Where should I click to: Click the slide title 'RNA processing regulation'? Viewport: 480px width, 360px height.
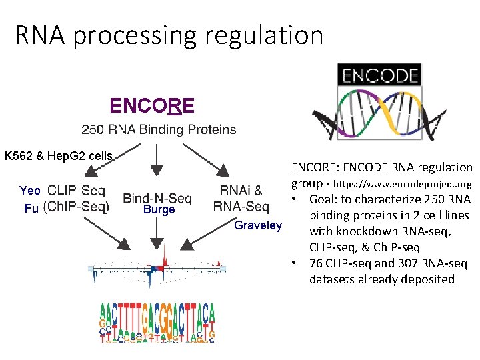point(169,35)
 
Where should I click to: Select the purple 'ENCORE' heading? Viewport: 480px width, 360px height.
point(152,106)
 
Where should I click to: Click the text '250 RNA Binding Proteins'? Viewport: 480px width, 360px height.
point(159,129)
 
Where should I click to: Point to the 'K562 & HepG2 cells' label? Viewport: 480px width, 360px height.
point(59,156)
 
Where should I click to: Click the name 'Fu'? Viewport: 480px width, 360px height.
point(31,208)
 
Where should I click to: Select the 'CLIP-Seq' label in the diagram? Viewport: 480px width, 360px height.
point(77,190)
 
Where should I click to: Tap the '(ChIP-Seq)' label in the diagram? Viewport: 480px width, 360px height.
point(76,207)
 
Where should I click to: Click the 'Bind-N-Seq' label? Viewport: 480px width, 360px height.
point(157,198)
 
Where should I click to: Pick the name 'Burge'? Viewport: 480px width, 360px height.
point(158,210)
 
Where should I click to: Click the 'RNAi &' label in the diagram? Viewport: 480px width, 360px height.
point(241,191)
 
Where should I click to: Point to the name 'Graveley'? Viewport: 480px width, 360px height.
point(259,225)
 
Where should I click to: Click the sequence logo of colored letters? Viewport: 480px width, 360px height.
point(157,323)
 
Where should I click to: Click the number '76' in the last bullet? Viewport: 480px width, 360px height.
point(317,263)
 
